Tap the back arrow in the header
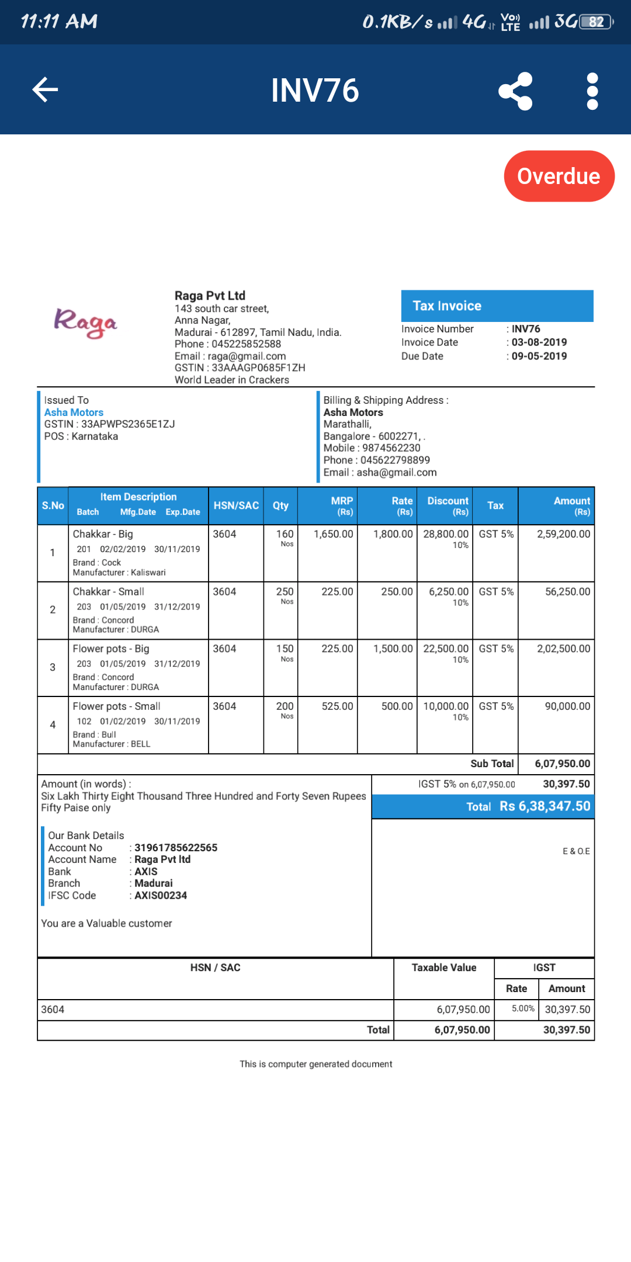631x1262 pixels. click(45, 89)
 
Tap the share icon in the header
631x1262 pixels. click(515, 91)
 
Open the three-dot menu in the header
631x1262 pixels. click(592, 91)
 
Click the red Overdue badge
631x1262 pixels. click(559, 176)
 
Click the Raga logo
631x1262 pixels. click(86, 323)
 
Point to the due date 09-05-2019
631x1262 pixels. click(539, 356)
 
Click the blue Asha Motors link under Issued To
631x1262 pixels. click(74, 412)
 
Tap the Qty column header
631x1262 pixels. click(280, 505)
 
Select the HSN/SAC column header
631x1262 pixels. click(236, 505)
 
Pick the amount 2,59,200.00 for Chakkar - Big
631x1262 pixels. click(563, 534)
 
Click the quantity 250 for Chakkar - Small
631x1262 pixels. click(285, 592)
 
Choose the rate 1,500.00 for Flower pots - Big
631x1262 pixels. click(393, 649)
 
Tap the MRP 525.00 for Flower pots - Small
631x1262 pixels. click(337, 706)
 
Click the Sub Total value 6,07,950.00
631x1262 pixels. click(562, 764)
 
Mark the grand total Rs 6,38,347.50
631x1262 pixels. click(545, 806)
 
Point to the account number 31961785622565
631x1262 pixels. click(175, 848)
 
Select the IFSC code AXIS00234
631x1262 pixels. click(161, 896)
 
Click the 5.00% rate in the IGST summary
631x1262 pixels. click(523, 1008)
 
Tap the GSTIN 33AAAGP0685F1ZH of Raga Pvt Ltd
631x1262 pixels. click(258, 368)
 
